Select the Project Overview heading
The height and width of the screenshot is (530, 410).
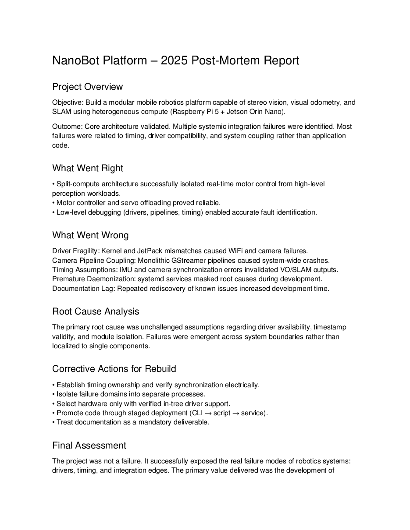87,87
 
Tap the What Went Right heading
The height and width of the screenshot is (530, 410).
88,168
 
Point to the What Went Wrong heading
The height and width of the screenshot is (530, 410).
90,235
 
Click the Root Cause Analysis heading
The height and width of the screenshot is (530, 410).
96,311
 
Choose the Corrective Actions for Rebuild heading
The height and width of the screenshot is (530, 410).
114,369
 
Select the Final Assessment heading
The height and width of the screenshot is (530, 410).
89,445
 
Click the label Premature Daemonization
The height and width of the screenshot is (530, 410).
89,279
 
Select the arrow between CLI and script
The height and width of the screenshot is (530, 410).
208,413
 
